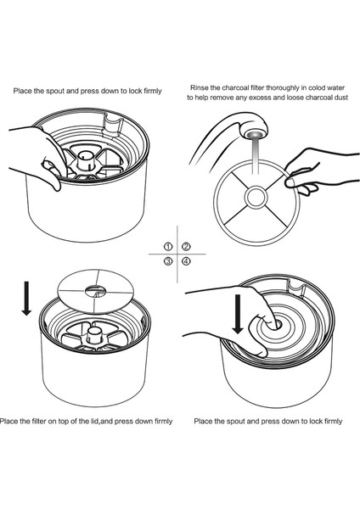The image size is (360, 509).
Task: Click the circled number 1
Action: click(x=168, y=247)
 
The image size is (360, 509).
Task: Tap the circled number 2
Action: click(x=186, y=247)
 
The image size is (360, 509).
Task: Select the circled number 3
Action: click(x=168, y=261)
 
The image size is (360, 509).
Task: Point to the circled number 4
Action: click(x=186, y=261)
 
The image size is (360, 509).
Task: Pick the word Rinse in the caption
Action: click(x=199, y=87)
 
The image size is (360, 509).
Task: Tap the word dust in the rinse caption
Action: click(x=342, y=98)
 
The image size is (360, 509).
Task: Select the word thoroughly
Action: click(x=283, y=88)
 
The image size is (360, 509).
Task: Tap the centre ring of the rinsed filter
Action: click(x=256, y=198)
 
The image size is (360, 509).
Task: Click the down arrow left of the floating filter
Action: click(x=26, y=299)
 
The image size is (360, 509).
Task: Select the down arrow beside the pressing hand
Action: click(x=238, y=314)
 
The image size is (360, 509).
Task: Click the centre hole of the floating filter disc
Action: click(x=95, y=292)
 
